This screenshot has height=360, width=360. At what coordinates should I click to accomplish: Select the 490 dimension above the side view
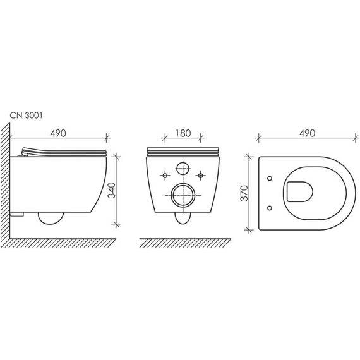(x=57, y=134)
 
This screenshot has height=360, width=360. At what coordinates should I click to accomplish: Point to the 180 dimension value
(x=183, y=134)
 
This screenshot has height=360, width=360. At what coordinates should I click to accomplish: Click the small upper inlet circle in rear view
(x=183, y=169)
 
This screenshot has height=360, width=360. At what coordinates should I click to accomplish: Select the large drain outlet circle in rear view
(x=183, y=195)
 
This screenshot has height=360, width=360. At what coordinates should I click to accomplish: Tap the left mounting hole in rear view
(x=165, y=174)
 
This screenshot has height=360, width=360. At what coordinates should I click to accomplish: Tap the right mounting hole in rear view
(x=201, y=174)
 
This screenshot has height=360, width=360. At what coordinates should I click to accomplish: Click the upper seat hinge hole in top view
(x=270, y=179)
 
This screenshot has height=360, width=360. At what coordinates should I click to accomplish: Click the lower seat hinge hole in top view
(x=270, y=207)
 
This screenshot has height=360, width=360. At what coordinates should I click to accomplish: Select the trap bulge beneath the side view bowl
(x=51, y=218)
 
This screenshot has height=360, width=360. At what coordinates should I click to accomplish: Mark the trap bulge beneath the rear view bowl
(x=183, y=219)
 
